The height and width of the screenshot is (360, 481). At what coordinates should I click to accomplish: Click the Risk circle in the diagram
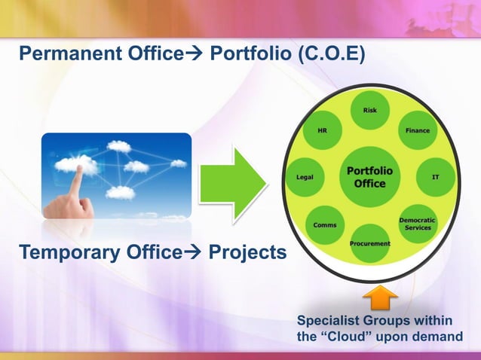point(369,111)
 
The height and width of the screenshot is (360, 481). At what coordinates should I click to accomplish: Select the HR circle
point(322,131)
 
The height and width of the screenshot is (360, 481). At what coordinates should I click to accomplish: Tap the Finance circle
point(417,131)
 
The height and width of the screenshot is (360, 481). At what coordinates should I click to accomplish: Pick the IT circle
point(436,178)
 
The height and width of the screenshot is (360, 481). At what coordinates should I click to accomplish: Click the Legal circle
point(305,178)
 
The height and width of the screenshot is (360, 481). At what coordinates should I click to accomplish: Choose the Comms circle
point(325,224)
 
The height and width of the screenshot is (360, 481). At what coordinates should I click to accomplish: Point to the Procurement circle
point(369,243)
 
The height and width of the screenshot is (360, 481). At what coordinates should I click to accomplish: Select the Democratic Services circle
point(417,224)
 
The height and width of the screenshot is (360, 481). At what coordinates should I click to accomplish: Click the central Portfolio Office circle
point(369,178)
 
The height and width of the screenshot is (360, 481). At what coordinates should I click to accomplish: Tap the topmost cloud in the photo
point(118,145)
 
